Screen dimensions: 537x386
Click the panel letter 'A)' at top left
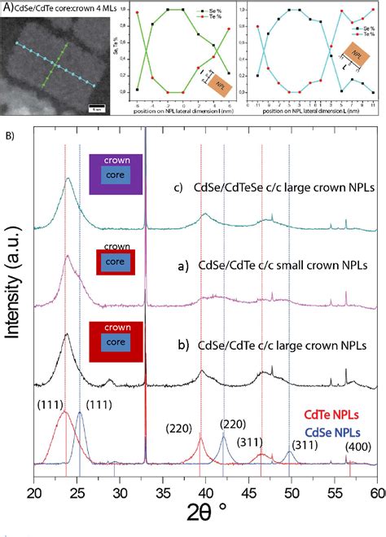[7, 7]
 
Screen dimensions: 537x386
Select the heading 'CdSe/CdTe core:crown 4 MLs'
[60, 8]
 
